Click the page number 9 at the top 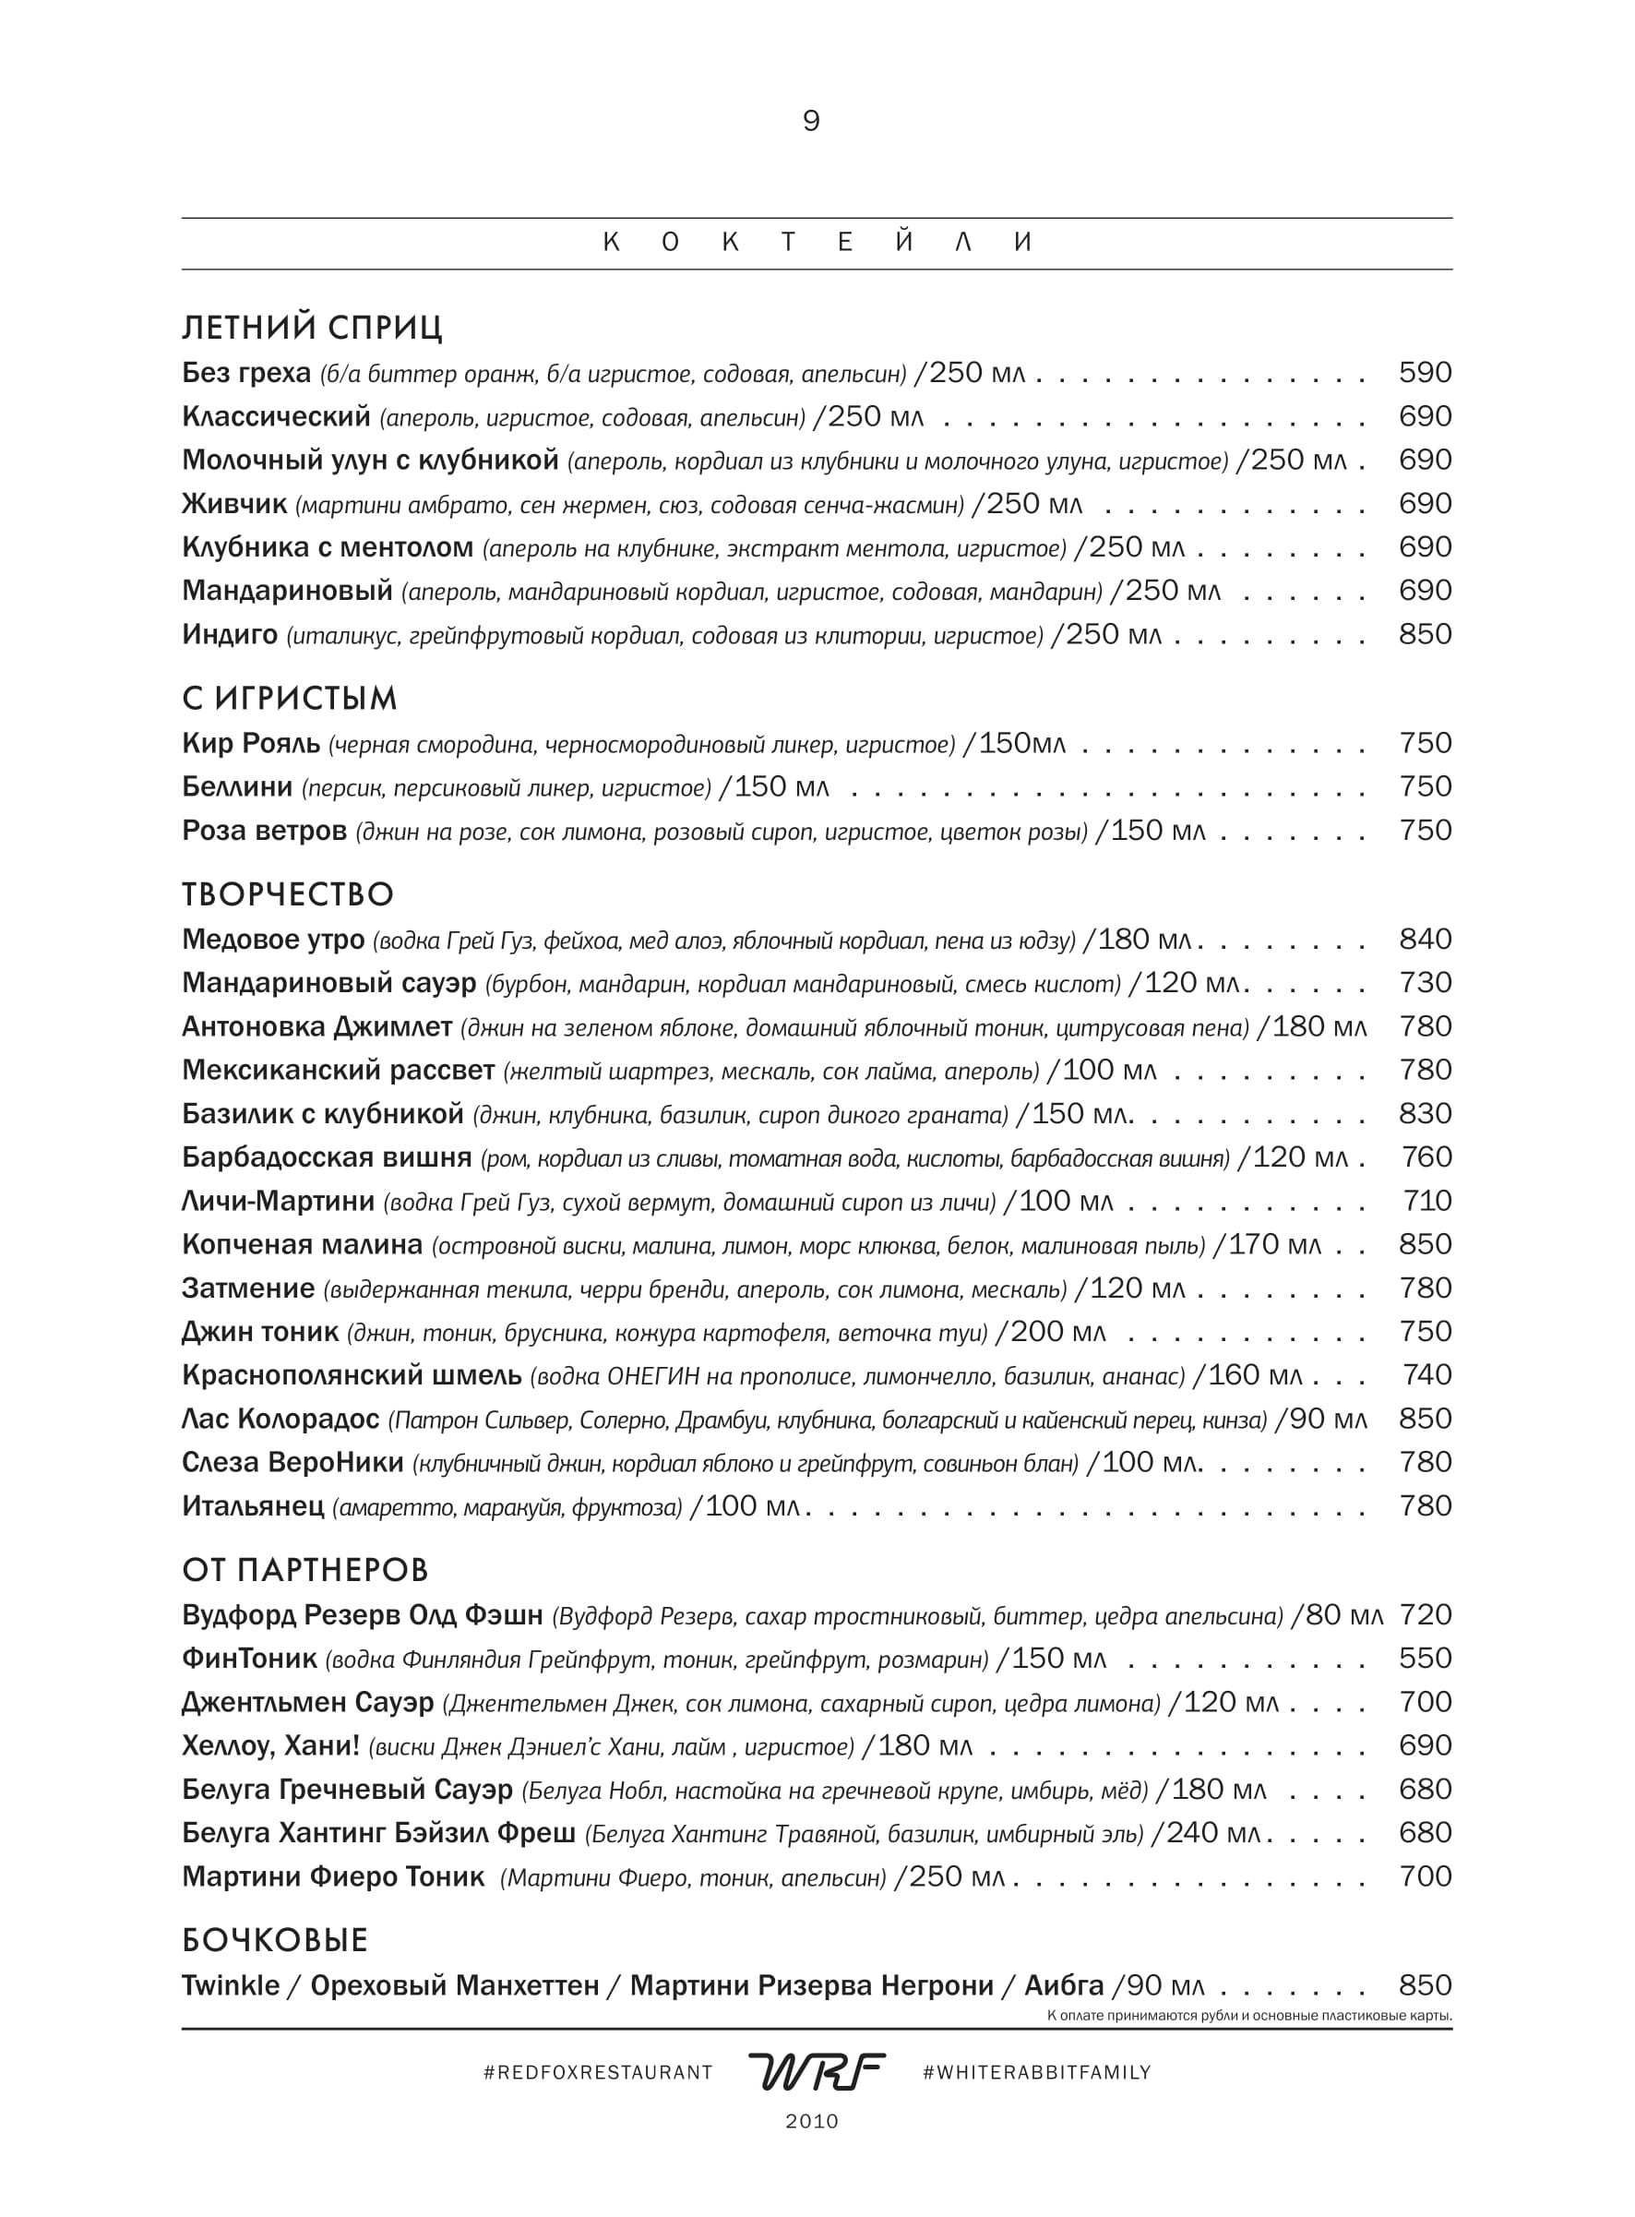point(810,122)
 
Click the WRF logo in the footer point(816,2071)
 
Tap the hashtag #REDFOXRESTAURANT point(598,2072)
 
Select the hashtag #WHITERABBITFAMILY point(1036,2072)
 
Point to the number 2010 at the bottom point(812,2121)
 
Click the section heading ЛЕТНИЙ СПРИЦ point(313,328)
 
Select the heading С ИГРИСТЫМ point(289,699)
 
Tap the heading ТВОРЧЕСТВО point(288,894)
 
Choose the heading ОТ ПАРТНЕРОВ point(305,1570)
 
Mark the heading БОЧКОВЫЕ point(275,1940)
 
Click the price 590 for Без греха point(1426,373)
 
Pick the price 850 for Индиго point(1426,634)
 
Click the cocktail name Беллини point(237,786)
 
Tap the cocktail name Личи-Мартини point(278,1202)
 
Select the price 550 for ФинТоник point(1426,1658)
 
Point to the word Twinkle point(231,1985)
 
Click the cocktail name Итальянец point(254,1506)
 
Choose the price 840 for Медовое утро point(1426,940)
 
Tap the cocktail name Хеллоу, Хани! point(270,1745)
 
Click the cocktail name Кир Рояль point(251,743)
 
